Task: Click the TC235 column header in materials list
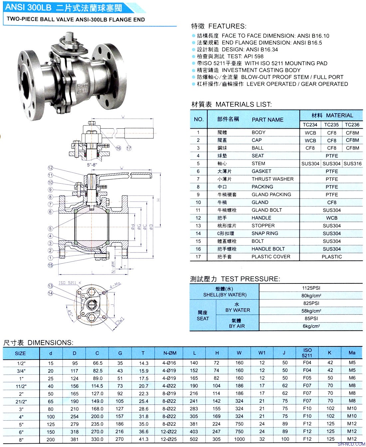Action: point(331,125)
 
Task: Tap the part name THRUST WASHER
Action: point(273,179)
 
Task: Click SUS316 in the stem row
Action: point(352,164)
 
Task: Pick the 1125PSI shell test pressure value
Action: point(311,288)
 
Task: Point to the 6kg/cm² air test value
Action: point(311,326)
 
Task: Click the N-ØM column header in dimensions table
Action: point(170,353)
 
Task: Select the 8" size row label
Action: point(21,439)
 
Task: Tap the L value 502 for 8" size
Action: point(194,439)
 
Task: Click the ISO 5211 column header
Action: point(307,353)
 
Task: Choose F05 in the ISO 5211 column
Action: point(307,378)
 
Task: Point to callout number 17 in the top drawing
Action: point(129,148)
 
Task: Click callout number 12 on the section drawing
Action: point(51,168)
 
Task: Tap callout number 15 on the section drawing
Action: point(51,265)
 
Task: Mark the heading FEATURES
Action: point(227,26)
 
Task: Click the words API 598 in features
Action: point(254,56)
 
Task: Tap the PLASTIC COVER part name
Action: point(271,256)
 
